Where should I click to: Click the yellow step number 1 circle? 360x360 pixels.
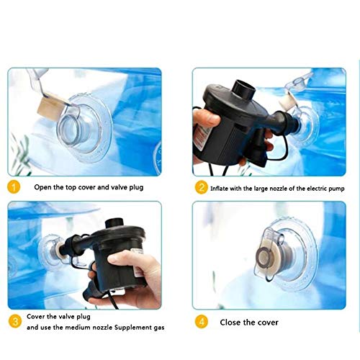click(14, 187)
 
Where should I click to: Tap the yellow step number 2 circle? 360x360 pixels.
click(202, 187)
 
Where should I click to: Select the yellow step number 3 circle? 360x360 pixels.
click(15, 321)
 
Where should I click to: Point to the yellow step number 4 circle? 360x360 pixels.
click(202, 322)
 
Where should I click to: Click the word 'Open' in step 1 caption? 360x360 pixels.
click(42, 187)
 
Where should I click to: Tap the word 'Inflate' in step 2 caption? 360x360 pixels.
click(219, 189)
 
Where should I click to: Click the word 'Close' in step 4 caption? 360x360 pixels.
click(230, 322)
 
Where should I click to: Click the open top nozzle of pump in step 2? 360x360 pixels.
click(244, 89)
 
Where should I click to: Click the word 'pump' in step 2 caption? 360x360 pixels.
click(336, 189)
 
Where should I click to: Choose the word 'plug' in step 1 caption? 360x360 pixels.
click(136, 187)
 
